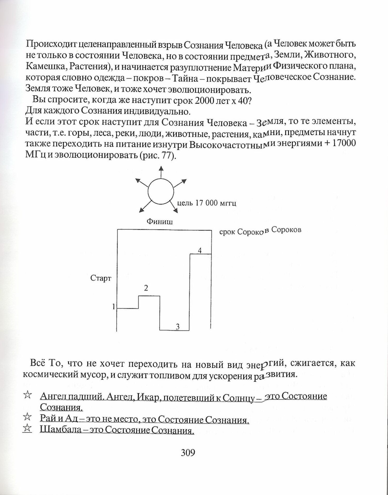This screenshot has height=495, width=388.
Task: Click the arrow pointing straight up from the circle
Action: tap(161, 172)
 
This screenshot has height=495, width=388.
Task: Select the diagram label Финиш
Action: tap(160, 221)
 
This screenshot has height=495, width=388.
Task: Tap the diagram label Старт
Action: tap(101, 278)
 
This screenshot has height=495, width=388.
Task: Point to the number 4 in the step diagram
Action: tap(200, 250)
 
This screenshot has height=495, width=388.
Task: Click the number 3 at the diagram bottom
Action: tap(177, 327)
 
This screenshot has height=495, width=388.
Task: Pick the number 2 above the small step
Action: tap(146, 288)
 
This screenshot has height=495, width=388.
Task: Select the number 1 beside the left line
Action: tap(114, 307)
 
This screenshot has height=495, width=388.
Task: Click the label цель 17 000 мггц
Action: tap(206, 203)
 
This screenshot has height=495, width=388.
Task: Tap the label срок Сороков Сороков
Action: tap(260, 231)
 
